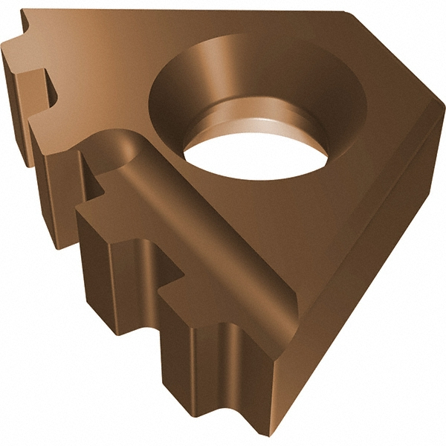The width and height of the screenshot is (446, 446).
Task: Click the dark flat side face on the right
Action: click(x=357, y=282)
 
